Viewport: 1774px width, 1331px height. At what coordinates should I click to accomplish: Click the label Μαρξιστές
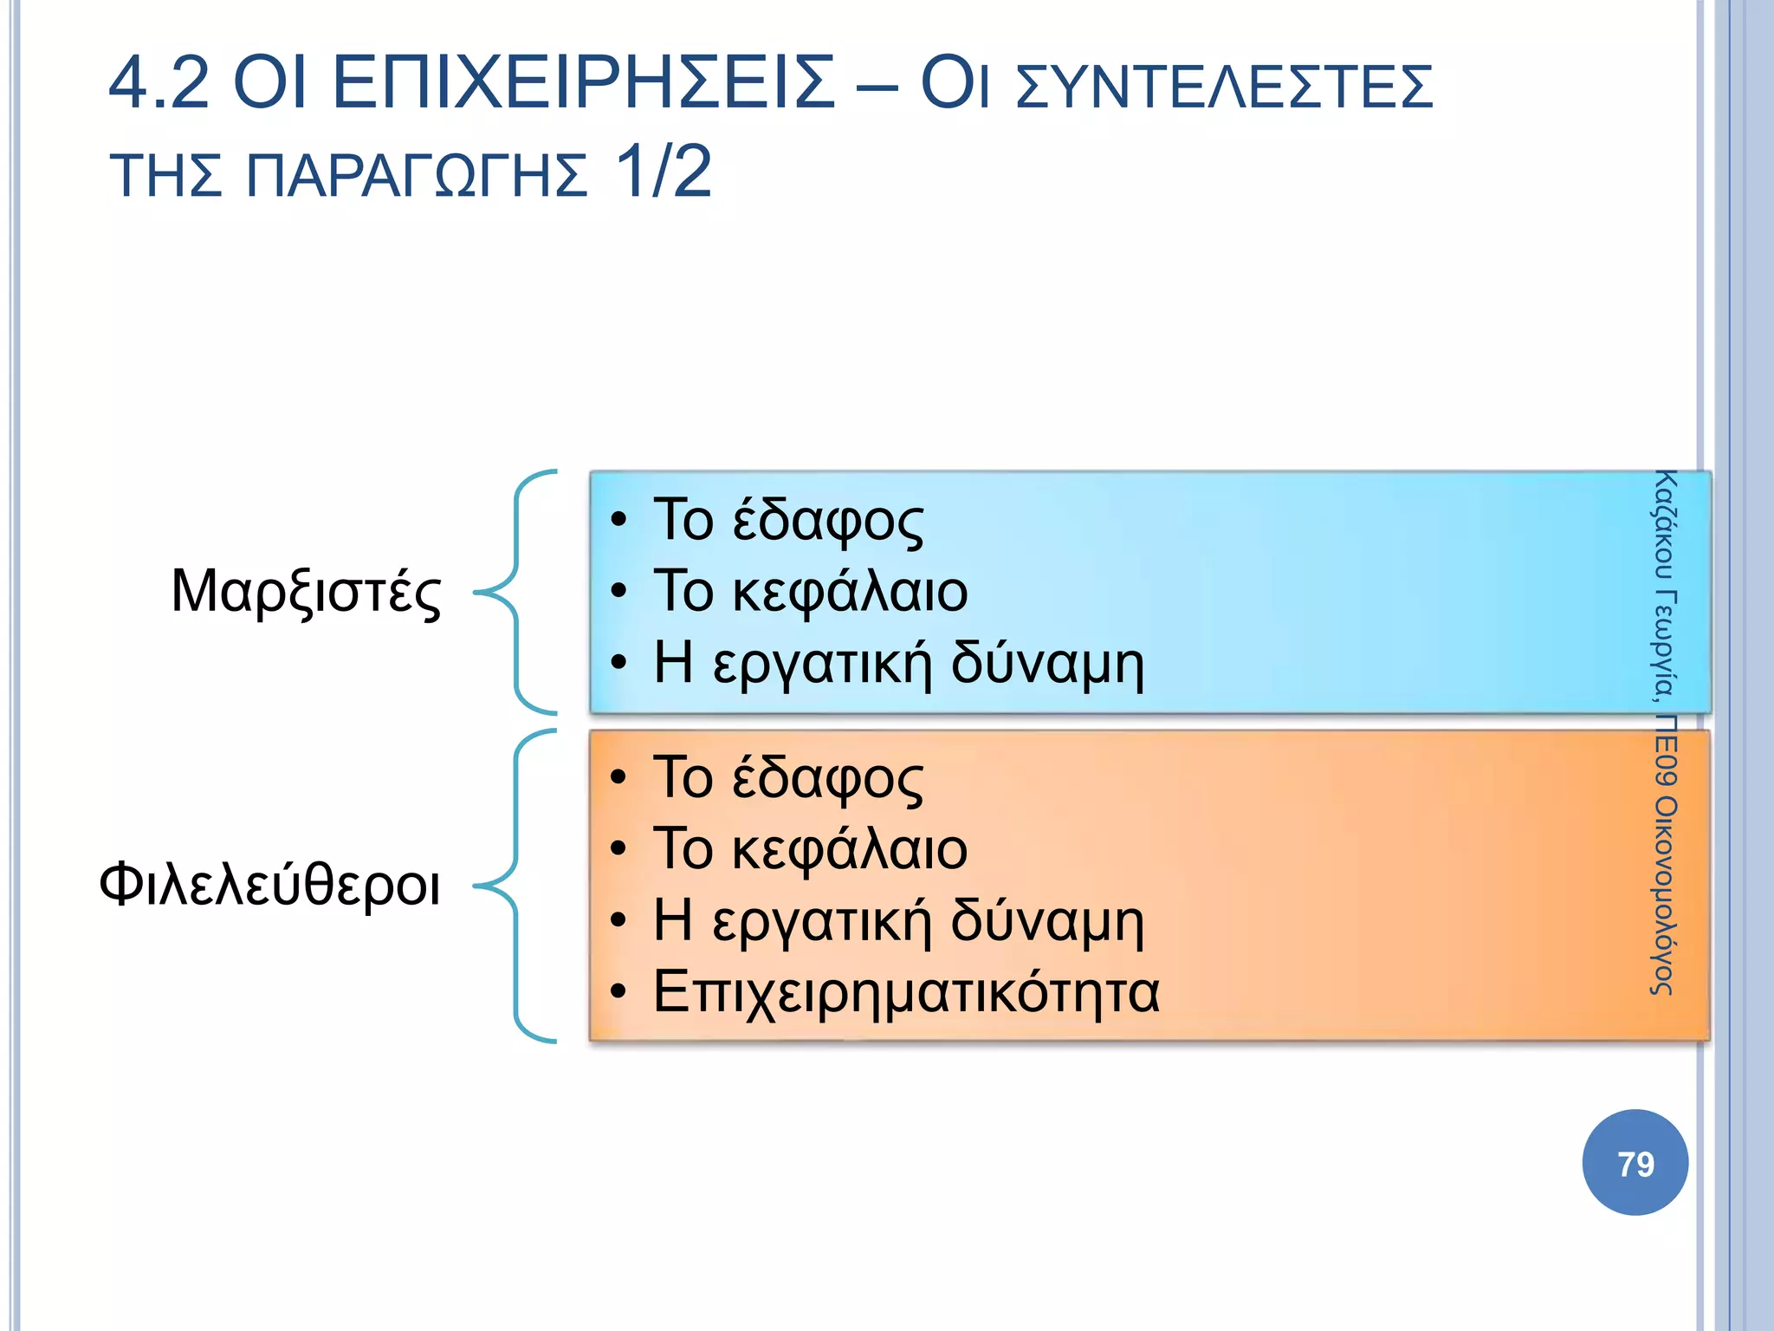tap(306, 592)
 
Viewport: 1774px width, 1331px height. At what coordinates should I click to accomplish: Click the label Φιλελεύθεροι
tap(269, 885)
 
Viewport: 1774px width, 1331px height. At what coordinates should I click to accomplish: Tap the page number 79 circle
tap(1635, 1163)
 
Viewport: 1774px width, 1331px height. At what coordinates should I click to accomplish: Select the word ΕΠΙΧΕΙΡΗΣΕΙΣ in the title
tap(584, 83)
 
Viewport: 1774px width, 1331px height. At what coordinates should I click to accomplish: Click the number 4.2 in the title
tap(159, 83)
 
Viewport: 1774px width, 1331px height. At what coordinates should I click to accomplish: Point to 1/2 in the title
tap(663, 172)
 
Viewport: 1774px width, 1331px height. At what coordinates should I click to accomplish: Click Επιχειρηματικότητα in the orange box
tap(905, 991)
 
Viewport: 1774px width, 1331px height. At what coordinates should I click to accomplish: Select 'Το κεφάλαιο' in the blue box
tap(810, 591)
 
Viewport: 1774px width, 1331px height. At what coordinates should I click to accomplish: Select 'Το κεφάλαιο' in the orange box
tap(810, 848)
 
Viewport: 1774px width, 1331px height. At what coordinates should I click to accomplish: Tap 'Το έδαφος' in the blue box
tap(788, 520)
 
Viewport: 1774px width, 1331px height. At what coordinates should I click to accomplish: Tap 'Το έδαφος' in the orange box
tap(788, 777)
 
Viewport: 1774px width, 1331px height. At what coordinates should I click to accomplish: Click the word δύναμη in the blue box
tap(1047, 663)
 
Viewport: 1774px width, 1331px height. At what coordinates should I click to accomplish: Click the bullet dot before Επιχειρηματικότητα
tap(618, 992)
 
